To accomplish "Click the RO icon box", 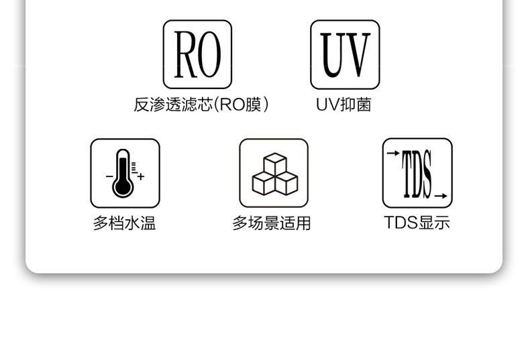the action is [x=197, y=54].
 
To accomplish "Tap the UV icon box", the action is [x=345, y=54].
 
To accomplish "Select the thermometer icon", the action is [x=123, y=173].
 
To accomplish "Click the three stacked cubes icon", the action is [x=275, y=174].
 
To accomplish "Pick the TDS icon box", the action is [x=417, y=173].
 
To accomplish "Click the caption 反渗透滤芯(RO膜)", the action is [x=202, y=105].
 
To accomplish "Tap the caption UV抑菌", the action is [x=343, y=105].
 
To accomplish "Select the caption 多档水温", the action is [x=124, y=223].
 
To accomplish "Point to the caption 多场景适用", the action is [x=272, y=223].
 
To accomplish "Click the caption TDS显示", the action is [x=417, y=223].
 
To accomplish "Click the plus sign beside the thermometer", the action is [x=141, y=176].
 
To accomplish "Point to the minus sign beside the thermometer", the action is [x=109, y=176].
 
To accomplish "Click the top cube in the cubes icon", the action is [x=275, y=164].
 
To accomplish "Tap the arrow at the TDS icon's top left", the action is [x=393, y=154].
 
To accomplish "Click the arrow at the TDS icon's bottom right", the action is [x=441, y=196].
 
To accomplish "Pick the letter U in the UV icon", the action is [x=332, y=55].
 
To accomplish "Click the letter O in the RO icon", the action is [x=209, y=54].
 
